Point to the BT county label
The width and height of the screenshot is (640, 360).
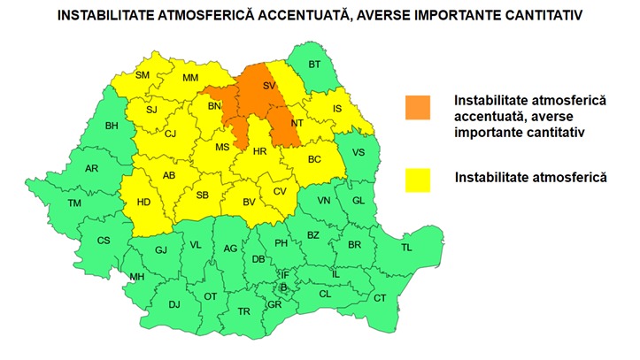314,65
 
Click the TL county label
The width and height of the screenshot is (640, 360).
406,249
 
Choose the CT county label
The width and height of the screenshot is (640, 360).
380,298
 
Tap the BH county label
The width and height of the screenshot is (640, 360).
112,126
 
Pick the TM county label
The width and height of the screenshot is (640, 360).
74,203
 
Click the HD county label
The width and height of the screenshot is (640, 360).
144,203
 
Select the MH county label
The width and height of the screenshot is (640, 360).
136,278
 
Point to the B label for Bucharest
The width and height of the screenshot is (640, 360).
283,287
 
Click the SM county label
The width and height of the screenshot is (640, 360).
143,75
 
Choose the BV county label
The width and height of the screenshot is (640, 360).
250,203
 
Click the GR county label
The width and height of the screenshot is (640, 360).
274,304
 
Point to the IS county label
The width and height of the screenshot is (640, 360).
337,109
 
